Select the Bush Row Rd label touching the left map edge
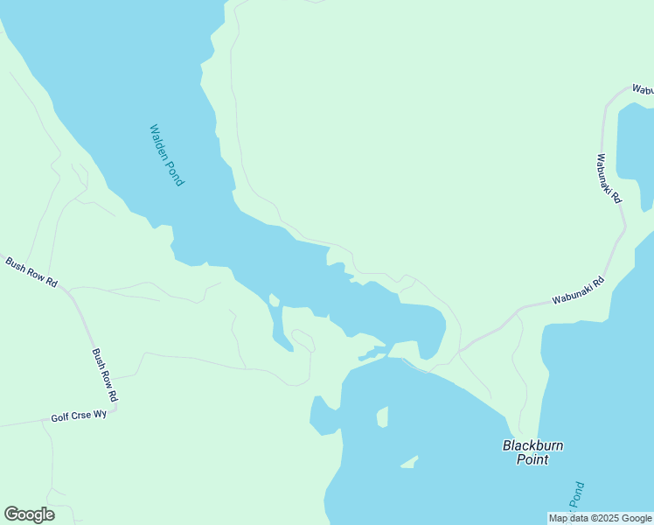[31, 273]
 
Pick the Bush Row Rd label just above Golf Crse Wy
[105, 375]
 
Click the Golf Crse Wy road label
[79, 416]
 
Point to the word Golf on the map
[59, 417]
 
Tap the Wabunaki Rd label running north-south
[609, 178]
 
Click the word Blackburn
[532, 445]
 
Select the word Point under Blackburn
[532, 459]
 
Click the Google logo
[29, 514]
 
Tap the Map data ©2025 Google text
[600, 518]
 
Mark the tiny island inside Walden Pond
[274, 300]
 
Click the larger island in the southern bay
[382, 416]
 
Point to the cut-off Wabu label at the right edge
[643, 90]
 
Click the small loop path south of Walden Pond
[303, 339]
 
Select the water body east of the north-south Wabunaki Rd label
[636, 153]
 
